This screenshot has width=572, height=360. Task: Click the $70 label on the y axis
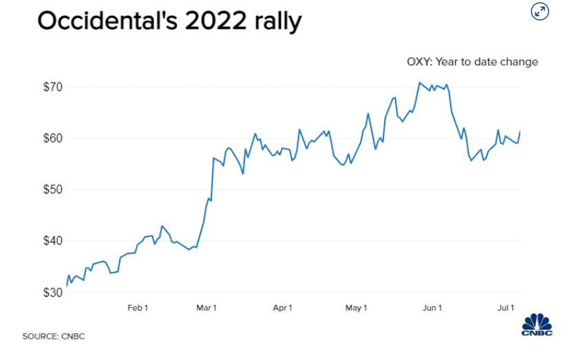[x=52, y=87]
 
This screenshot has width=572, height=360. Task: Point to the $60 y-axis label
[x=52, y=138]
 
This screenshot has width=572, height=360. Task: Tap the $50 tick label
[x=52, y=190]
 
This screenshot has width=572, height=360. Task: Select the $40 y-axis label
[x=52, y=241]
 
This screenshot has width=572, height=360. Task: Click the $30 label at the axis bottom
[x=52, y=293]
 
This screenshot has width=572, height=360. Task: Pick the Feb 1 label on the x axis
[x=138, y=307]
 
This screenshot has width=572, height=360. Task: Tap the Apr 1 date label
[x=282, y=307]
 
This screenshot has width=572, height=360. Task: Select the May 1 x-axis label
[x=356, y=307]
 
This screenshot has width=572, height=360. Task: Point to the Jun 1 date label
[x=432, y=307]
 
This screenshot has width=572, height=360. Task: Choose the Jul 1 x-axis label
[x=507, y=307]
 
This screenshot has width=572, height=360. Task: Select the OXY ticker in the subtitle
[x=419, y=62]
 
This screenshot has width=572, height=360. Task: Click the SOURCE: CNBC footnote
[x=54, y=336]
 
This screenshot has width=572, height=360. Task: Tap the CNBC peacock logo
[x=537, y=326]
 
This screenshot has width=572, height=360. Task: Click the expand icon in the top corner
[x=540, y=11]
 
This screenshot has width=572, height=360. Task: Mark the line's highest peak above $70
[x=419, y=83]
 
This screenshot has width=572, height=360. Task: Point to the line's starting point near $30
[x=67, y=285]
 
